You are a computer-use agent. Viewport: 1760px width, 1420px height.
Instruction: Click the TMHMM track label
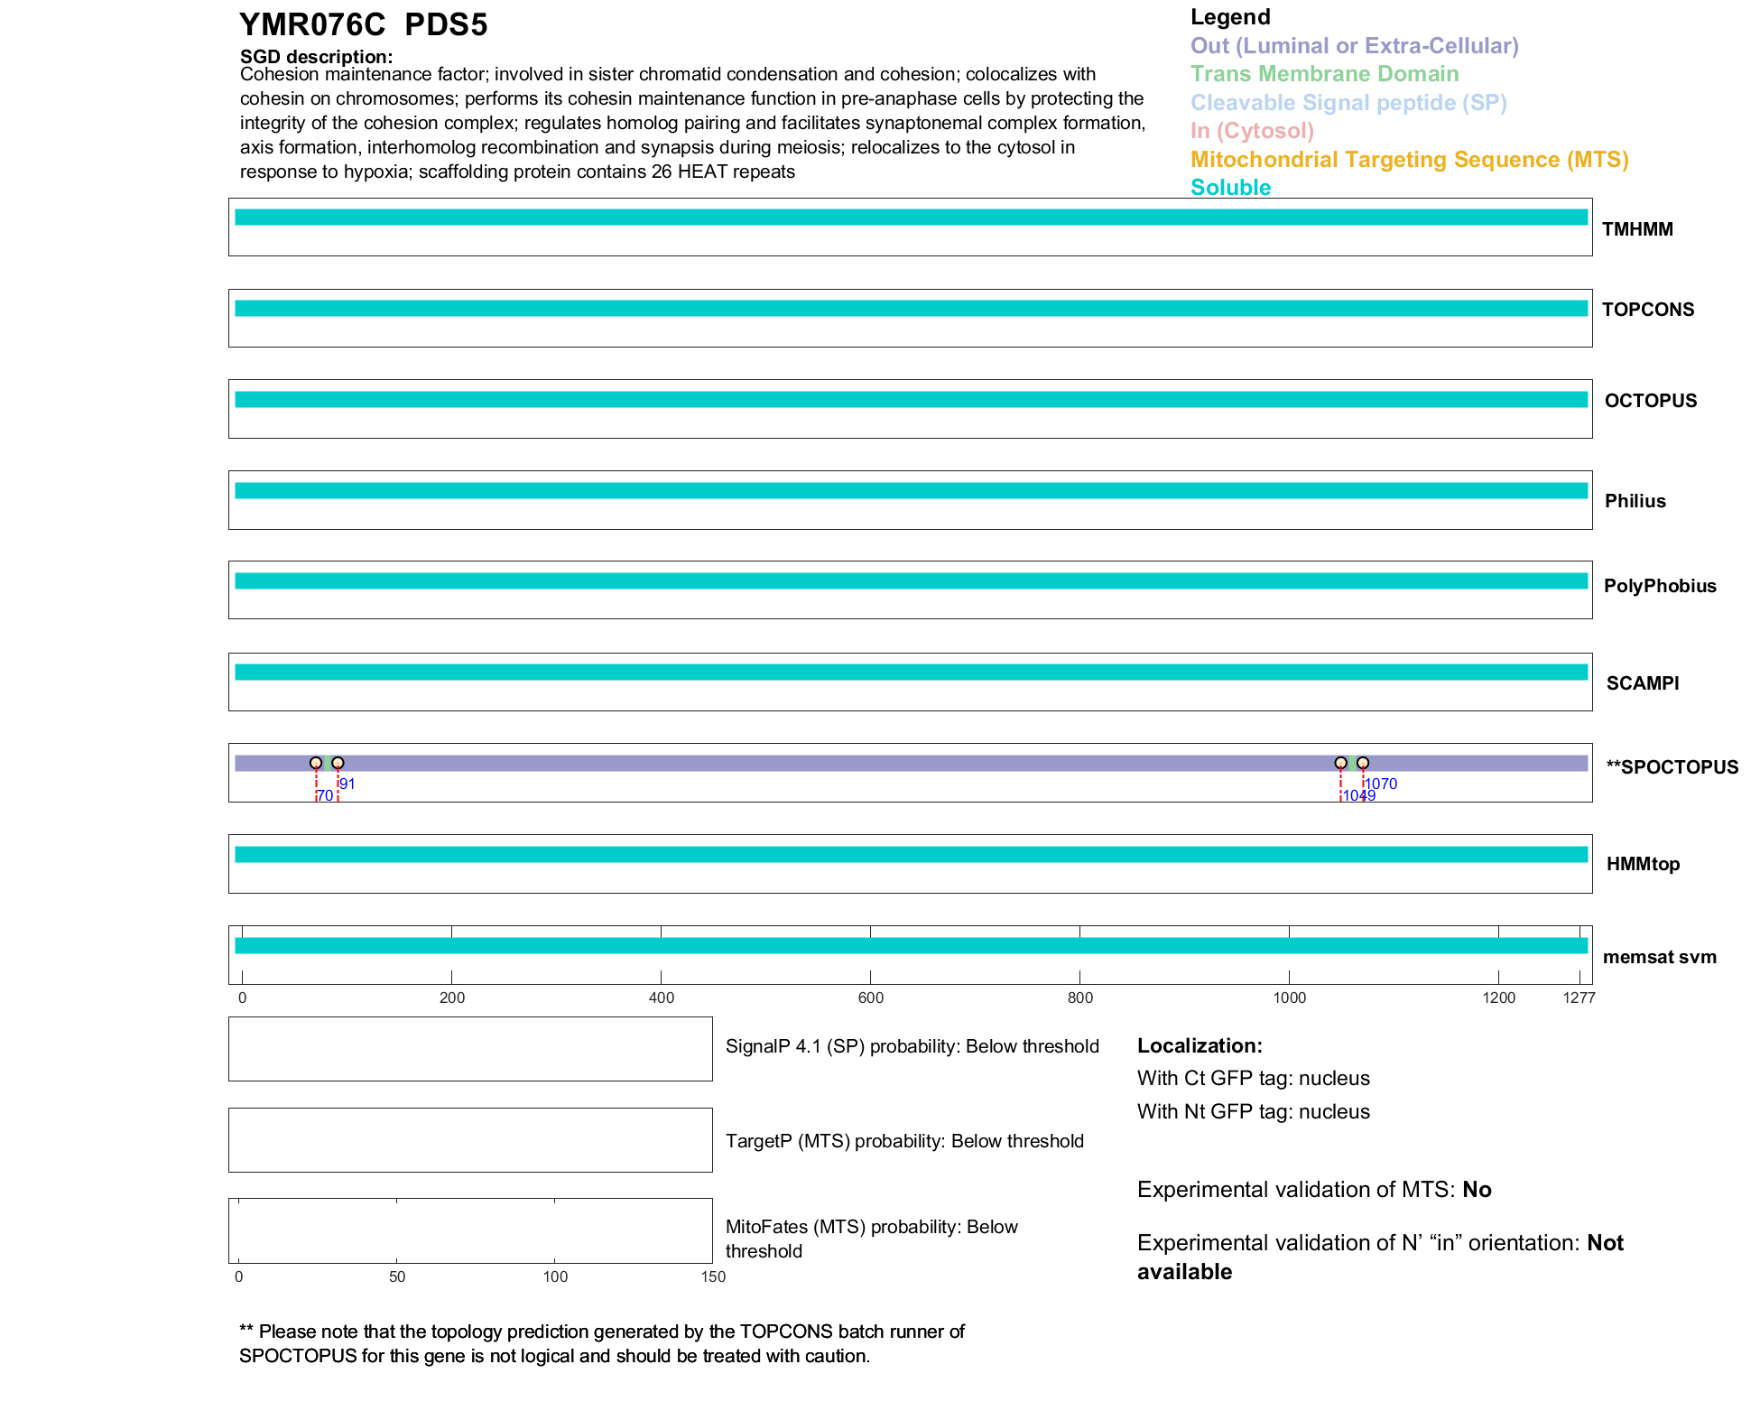(1636, 229)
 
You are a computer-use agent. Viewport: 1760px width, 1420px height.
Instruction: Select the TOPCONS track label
(1647, 310)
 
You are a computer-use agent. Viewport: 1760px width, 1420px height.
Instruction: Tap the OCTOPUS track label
(1650, 401)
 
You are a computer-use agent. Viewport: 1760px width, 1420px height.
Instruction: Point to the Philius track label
(1635, 501)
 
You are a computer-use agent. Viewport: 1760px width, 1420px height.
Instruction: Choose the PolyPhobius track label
(1659, 586)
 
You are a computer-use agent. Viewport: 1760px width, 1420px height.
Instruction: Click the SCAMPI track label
(1642, 683)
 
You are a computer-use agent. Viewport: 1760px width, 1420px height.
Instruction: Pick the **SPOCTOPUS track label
(1672, 767)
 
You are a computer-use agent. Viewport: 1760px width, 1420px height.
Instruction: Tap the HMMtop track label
(1643, 864)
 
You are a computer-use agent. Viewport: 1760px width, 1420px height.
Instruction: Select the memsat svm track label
(1659, 957)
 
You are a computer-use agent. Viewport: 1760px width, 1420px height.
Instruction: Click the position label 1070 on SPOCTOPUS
(1381, 784)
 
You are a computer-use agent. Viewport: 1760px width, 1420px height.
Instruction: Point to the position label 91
(347, 784)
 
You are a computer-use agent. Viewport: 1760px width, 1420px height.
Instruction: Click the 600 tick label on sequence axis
(871, 998)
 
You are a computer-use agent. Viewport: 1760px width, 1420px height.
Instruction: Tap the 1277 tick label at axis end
(1579, 998)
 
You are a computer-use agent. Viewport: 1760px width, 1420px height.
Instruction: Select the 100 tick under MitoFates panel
(555, 1276)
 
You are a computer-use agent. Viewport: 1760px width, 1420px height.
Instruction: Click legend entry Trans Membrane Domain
(1324, 74)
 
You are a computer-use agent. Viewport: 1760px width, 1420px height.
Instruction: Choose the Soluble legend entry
(1230, 188)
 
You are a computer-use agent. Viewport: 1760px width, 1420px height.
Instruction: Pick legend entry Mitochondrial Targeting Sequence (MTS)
(1409, 160)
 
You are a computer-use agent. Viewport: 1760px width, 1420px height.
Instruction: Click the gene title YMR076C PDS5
(363, 25)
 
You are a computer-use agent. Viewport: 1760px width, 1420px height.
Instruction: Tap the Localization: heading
(1200, 1045)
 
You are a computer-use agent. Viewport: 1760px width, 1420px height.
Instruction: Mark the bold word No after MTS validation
(1477, 1190)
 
